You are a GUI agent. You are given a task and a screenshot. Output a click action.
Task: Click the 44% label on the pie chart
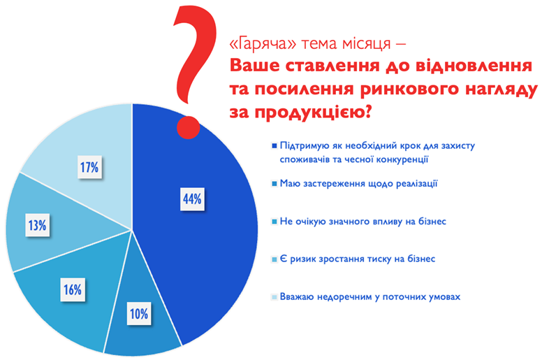click(x=192, y=199)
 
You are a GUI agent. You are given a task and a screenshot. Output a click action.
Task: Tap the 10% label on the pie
click(x=139, y=314)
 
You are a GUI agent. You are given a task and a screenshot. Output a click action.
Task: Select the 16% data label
click(x=73, y=289)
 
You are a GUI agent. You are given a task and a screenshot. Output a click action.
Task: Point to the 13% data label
click(x=37, y=226)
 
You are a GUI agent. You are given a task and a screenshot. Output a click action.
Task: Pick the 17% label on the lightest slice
click(x=89, y=167)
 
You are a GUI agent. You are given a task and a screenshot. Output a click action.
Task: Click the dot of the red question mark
click(x=189, y=127)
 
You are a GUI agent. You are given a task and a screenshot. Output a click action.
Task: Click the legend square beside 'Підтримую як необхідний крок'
click(x=274, y=146)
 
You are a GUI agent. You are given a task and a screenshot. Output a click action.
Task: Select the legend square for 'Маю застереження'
click(x=274, y=184)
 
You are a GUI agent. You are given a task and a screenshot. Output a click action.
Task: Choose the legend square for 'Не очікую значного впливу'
click(x=274, y=222)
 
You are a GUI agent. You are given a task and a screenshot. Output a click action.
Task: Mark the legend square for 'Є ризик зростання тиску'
click(x=274, y=259)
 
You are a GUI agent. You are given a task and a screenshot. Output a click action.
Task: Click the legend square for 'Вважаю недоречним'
click(x=274, y=297)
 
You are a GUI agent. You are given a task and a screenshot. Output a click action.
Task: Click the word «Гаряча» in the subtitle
click(x=263, y=44)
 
